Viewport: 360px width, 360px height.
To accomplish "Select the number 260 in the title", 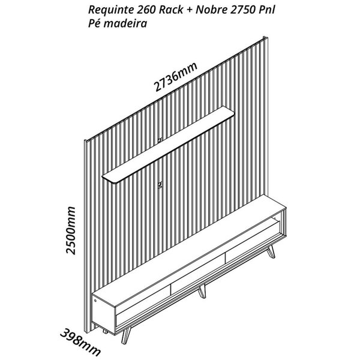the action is point(146,10).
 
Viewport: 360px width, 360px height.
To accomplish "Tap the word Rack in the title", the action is point(171,10).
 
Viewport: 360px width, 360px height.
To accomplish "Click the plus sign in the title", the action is point(189,10).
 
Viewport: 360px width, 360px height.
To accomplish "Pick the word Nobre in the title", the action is point(211,10).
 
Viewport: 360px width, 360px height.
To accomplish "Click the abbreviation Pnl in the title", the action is point(267,10).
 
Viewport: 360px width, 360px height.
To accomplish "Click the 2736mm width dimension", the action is point(176,77).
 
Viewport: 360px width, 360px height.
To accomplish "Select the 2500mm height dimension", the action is point(70,230).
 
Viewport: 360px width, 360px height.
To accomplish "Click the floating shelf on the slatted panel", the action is point(169,145).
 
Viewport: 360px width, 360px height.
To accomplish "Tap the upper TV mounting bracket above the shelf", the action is point(160,140).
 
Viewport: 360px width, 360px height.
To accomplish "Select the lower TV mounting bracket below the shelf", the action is point(160,185).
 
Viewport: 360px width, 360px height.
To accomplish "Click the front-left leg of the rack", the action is point(125,335).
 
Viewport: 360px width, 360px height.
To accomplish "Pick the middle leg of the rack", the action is point(202,290).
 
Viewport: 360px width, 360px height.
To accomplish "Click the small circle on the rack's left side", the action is point(95,301).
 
